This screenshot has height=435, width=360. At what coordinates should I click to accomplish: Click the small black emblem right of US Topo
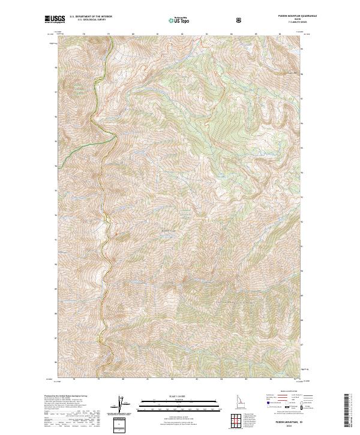[x=241, y=20]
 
